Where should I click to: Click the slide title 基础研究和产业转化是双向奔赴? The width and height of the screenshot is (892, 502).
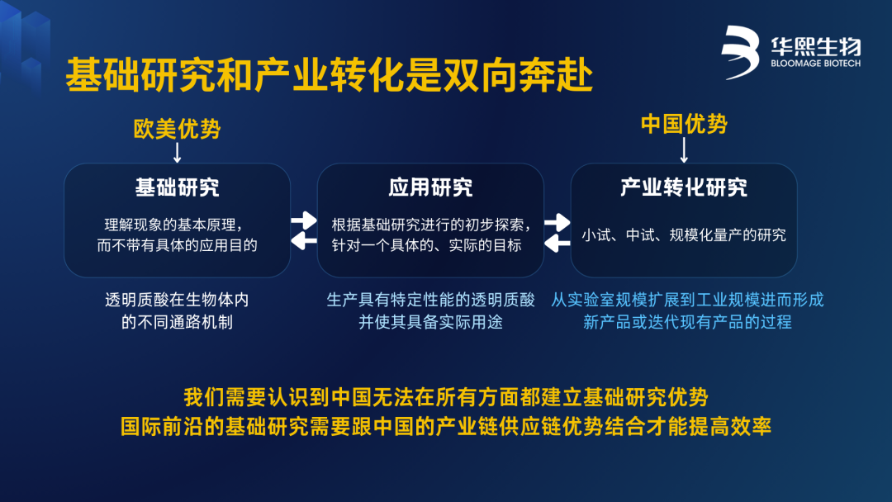(330, 75)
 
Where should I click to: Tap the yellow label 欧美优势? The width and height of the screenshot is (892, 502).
(177, 129)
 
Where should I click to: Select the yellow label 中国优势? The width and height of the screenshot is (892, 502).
(684, 124)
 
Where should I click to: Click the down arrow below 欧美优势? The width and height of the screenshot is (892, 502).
(177, 153)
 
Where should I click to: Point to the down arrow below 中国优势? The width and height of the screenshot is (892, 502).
(684, 150)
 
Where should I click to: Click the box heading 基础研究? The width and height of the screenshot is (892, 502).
(177, 187)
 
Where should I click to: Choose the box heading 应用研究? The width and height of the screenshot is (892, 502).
(430, 187)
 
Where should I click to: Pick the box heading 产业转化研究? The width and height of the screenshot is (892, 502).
(684, 187)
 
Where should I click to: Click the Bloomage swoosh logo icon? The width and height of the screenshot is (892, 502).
(740, 52)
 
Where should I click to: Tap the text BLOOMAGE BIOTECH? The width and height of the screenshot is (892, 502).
(815, 64)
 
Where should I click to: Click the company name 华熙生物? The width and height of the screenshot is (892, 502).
(816, 46)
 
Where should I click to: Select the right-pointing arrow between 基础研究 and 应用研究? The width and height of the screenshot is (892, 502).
(304, 220)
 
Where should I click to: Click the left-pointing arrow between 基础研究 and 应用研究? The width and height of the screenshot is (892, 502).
(304, 241)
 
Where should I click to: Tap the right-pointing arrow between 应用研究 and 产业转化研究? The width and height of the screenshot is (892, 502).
(557, 222)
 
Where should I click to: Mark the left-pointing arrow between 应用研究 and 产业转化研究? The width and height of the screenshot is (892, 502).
(557, 244)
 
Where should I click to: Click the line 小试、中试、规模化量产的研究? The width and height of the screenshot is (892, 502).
(684, 234)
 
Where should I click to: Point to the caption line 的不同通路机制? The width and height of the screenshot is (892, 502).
(177, 322)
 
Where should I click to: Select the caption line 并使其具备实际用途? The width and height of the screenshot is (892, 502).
(430, 322)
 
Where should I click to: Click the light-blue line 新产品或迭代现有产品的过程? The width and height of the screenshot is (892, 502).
(687, 322)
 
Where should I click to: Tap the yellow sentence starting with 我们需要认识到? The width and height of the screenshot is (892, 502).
(446, 397)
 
